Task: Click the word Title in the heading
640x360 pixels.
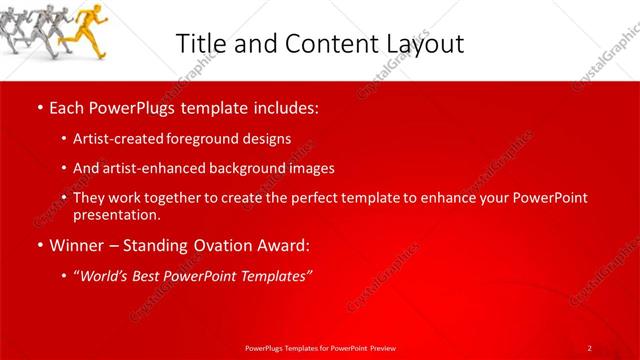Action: pos(201,43)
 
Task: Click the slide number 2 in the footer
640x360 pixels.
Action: pos(589,347)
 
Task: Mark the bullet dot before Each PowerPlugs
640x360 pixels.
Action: pos(39,106)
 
